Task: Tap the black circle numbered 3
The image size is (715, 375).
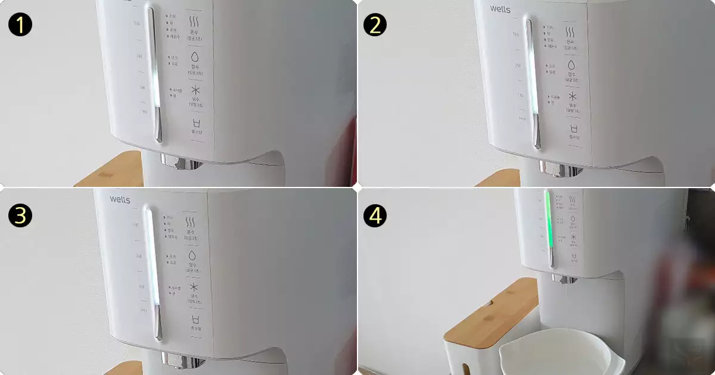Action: (20, 216)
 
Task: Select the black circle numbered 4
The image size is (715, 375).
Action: (375, 216)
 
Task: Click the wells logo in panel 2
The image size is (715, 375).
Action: (501, 9)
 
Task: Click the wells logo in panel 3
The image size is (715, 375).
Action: (120, 199)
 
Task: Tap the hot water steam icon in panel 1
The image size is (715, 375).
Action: (194, 21)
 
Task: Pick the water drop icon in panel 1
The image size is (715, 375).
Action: (194, 57)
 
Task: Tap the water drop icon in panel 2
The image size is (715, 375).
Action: (572, 64)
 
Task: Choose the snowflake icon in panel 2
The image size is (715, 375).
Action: (573, 96)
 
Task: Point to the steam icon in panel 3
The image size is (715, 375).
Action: (191, 223)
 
